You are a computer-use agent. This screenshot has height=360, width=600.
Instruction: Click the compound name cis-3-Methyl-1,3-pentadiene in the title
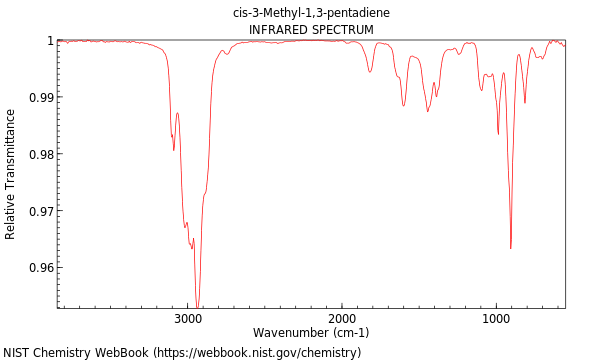point(311,13)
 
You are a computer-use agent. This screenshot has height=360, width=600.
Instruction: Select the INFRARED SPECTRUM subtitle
point(311,30)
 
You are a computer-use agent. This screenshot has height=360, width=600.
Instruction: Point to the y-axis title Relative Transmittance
point(11,174)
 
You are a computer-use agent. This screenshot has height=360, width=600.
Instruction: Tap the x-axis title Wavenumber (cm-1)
point(311,333)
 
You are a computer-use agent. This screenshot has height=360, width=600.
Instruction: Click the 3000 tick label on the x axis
point(188,319)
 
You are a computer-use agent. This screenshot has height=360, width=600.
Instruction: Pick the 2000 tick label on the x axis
point(342,319)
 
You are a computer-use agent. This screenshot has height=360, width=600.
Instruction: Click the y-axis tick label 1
point(49,41)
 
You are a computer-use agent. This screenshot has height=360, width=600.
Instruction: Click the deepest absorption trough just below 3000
point(197,306)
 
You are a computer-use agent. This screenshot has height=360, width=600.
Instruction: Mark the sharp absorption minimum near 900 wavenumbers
point(510,248)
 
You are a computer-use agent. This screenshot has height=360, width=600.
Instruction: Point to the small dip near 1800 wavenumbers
point(370,72)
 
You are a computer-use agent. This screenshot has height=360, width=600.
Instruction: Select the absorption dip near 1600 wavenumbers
point(404,105)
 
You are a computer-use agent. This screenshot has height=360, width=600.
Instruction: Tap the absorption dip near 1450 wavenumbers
point(428,111)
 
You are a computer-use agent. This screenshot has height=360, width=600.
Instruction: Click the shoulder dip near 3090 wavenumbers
point(173,149)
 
